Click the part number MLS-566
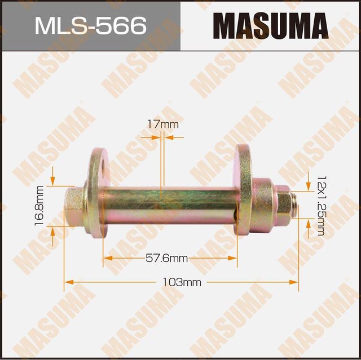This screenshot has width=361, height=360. tap(90, 25)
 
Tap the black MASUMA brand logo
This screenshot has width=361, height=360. tap(271, 25)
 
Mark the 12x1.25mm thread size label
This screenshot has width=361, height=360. tap(321, 205)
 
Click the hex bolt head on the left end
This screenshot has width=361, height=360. tap(74, 206)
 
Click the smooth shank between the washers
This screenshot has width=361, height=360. tap(169, 206)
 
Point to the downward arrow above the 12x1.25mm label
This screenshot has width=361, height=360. tap(309, 185)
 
